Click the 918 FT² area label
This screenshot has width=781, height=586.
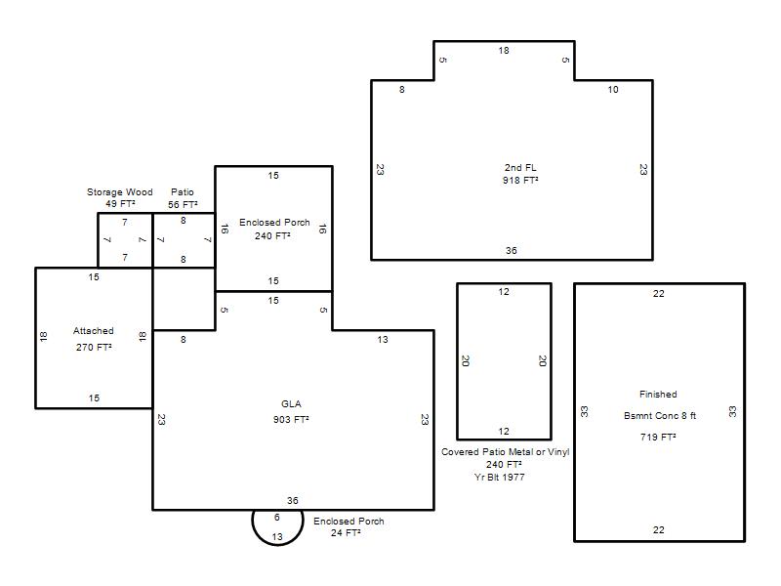[x=520, y=180]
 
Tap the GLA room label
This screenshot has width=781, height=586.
[x=291, y=403]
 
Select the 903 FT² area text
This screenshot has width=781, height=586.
[x=291, y=419]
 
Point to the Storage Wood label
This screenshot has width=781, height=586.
[x=119, y=191]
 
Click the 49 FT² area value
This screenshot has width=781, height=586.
[x=120, y=203]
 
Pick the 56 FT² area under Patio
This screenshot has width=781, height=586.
[x=183, y=204]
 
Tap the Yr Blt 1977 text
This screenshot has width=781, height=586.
[x=500, y=477]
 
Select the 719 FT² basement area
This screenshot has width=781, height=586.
[x=658, y=437]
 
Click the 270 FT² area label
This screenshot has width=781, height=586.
[x=94, y=347]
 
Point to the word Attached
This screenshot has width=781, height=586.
[x=93, y=330]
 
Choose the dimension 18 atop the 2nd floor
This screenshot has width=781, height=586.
[x=504, y=51]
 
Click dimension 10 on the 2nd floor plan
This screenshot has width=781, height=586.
[x=613, y=89]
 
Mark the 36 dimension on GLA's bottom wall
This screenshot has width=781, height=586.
[x=292, y=500]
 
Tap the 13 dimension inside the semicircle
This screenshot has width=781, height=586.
[x=277, y=536]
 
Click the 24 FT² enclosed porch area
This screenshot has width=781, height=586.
[x=346, y=532]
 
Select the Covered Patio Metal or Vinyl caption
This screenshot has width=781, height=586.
[x=505, y=452]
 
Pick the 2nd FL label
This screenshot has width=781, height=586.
[x=520, y=167]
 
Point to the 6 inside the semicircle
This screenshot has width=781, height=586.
[x=277, y=518]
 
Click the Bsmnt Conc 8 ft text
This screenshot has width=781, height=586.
[x=660, y=416]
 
